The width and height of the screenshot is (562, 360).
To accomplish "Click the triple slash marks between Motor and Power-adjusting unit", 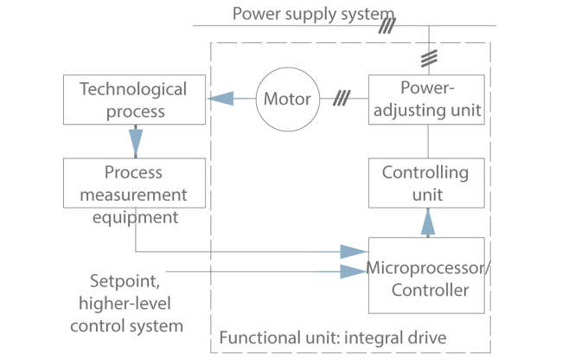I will click(x=342, y=98).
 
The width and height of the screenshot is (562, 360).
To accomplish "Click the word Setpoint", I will click(x=122, y=282).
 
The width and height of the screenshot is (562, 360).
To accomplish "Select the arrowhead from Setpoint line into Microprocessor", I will click(x=353, y=272).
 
